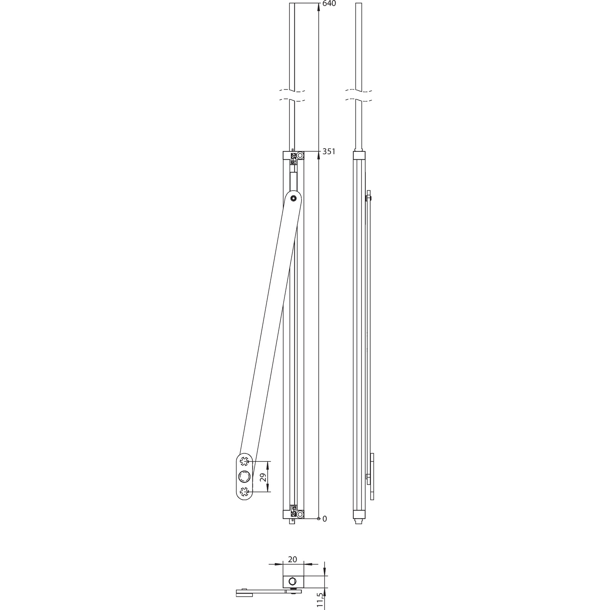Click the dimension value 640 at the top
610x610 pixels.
pyautogui.click(x=329, y=3)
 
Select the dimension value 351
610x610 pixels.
pyautogui.click(x=329, y=151)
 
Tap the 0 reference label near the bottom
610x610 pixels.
pyautogui.click(x=325, y=519)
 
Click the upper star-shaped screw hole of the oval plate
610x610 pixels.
pyautogui.click(x=244, y=462)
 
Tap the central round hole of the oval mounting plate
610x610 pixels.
pyautogui.click(x=244, y=477)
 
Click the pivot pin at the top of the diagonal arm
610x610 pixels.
pyautogui.click(x=293, y=198)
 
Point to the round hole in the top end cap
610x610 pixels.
pyautogui.click(x=300, y=156)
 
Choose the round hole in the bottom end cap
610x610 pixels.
pyautogui.click(x=300, y=515)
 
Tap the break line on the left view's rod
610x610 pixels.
pyautogui.click(x=292, y=96)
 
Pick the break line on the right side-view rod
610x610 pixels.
pyautogui.click(x=358, y=96)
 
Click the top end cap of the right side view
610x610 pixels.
pyautogui.click(x=359, y=156)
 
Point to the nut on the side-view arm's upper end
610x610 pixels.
pyautogui.click(x=368, y=198)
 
